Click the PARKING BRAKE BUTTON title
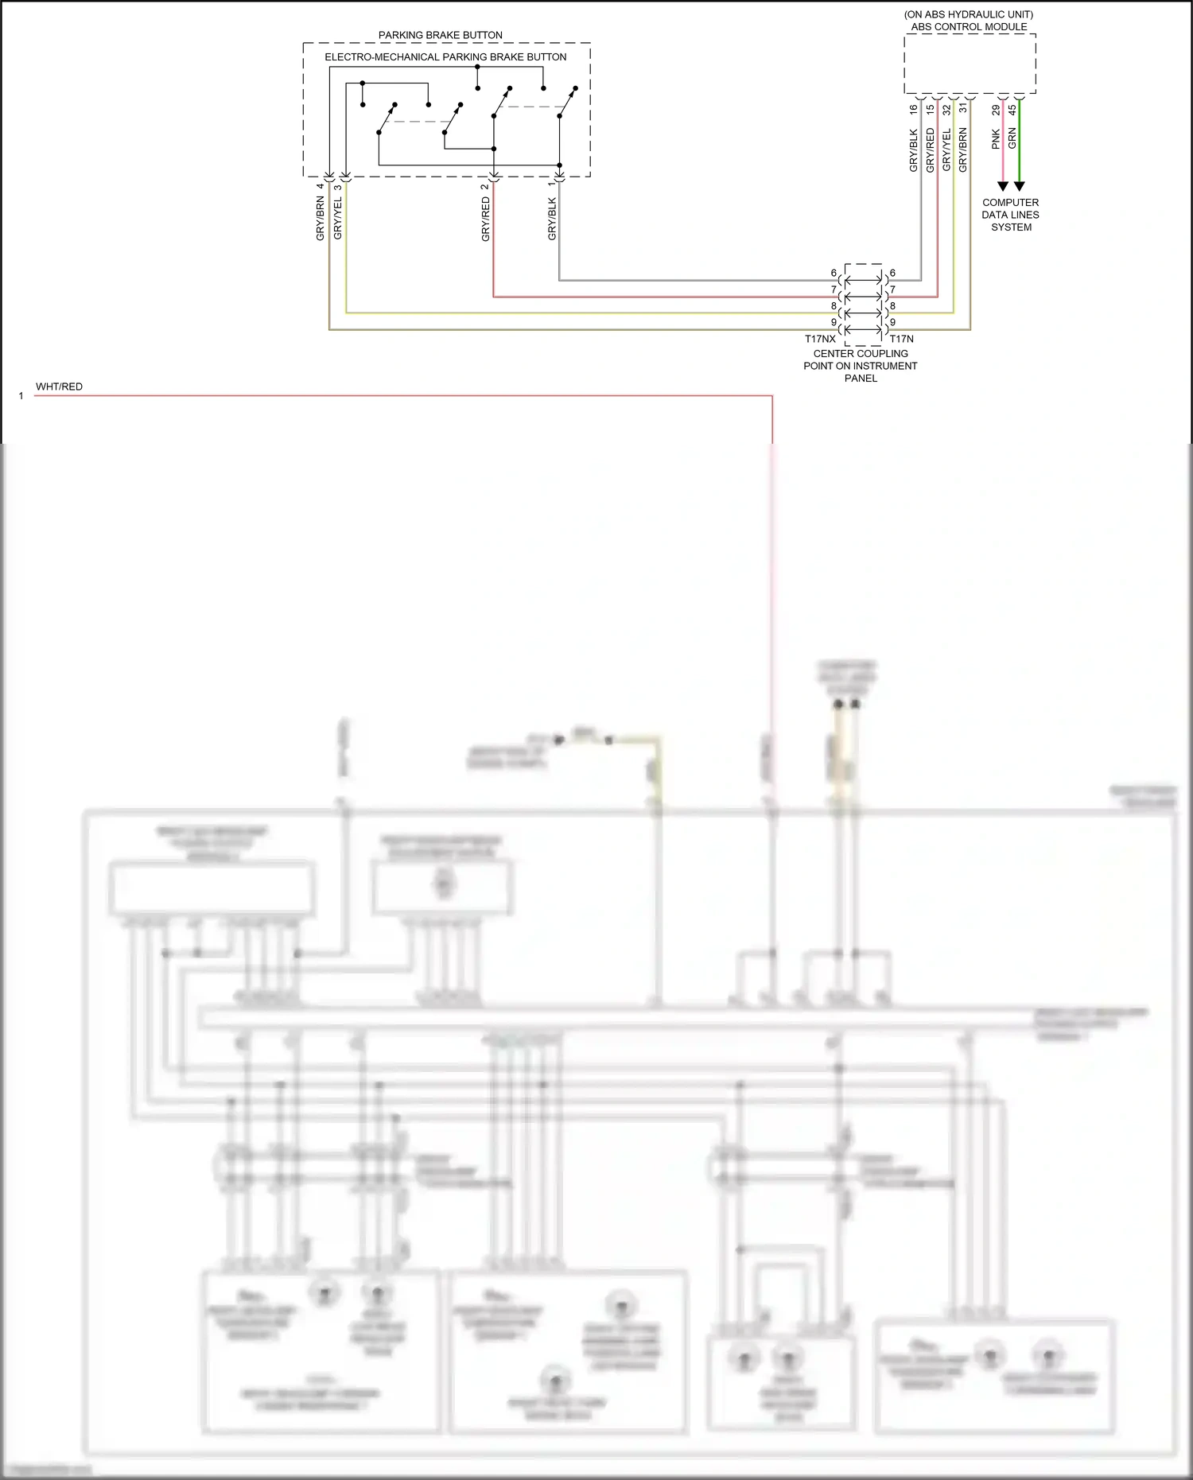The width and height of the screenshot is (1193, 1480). point(440,35)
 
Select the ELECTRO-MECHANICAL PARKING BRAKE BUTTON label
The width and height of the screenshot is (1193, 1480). point(445,57)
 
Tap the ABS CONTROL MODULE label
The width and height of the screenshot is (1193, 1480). point(969,27)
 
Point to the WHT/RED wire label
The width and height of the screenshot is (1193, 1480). point(59,387)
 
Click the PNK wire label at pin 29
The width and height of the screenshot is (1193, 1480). point(996,140)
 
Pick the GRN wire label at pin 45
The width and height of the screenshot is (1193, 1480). point(1012,138)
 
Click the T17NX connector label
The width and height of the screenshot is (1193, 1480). point(820,339)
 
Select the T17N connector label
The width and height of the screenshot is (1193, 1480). point(901,339)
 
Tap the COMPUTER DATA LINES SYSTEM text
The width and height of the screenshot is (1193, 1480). point(1010,215)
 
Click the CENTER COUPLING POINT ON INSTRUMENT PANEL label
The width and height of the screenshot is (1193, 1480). point(861,366)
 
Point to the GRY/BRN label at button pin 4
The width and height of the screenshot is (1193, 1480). point(321,219)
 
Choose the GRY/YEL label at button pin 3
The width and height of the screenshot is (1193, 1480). point(337,219)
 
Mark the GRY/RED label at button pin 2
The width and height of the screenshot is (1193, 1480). point(485,219)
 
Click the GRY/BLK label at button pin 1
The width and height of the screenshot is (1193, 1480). point(552,219)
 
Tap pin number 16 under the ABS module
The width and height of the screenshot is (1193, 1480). point(913,109)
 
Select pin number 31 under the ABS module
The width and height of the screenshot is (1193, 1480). point(962,109)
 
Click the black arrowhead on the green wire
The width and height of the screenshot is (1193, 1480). point(1019,186)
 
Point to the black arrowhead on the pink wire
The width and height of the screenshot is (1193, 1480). point(1002,186)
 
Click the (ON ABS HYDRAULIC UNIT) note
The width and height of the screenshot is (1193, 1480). point(969,14)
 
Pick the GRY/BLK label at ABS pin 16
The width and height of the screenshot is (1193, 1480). point(913,150)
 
